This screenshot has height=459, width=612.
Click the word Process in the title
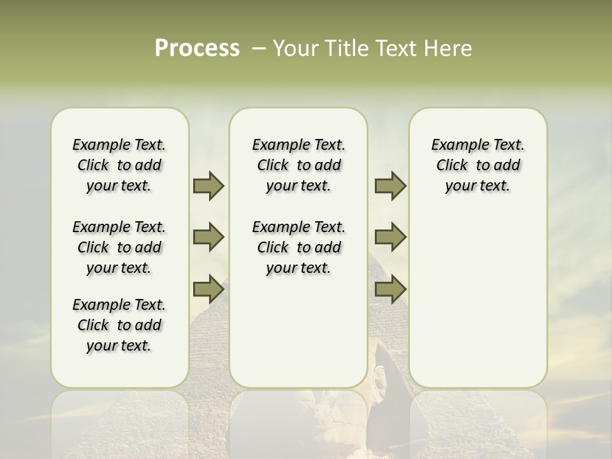197,48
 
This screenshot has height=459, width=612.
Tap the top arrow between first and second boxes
208,186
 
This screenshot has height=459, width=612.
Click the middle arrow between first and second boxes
208,238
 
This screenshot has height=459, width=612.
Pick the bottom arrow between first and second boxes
208,289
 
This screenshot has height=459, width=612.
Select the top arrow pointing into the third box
390,186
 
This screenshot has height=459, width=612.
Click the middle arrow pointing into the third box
390,238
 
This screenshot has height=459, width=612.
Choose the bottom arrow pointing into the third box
390,289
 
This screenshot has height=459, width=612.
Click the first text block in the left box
119,165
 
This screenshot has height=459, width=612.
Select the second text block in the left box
119,247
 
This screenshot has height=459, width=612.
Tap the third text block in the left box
119,325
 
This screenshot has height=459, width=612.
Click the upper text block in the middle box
298,165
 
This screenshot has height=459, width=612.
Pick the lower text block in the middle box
298,247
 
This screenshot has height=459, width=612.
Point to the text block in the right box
477,165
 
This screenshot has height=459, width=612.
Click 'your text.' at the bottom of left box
119,346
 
